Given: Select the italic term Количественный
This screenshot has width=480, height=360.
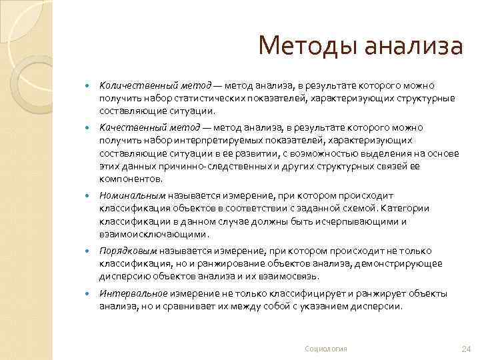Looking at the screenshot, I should point(133,85).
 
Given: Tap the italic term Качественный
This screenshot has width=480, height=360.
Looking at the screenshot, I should point(128,127).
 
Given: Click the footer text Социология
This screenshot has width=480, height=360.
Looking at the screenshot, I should point(326,349).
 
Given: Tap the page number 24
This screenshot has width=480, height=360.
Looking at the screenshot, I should point(466,349).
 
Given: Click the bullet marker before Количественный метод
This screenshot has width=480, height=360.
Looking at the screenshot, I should point(87,86).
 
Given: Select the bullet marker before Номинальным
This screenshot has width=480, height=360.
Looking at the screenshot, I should point(87,196).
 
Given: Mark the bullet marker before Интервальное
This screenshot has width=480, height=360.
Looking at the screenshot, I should point(87,294).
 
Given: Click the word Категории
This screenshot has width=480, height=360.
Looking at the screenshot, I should point(407,208).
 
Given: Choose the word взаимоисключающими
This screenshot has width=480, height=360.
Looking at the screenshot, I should point(153,234).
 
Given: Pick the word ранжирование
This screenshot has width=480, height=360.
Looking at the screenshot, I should point(199,263).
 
